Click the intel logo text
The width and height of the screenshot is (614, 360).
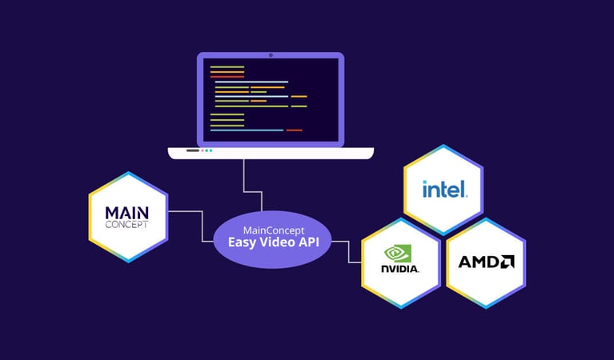(x=443, y=190)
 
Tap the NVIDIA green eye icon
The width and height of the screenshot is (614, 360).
(x=400, y=254)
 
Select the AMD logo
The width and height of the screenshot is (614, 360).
(x=486, y=262)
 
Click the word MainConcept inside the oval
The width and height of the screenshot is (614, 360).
(x=272, y=230)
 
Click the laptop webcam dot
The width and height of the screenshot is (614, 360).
(x=271, y=55)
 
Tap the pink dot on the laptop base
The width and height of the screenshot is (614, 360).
(x=211, y=150)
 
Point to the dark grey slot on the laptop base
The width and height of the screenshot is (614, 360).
(x=193, y=150)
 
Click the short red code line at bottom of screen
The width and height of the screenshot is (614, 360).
(x=294, y=130)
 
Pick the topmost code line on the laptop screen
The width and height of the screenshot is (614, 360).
(x=227, y=67)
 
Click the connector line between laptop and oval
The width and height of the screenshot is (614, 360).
(x=243, y=180)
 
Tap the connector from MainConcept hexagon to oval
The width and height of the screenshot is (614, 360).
(x=192, y=212)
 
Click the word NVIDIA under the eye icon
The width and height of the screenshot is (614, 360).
(x=400, y=269)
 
